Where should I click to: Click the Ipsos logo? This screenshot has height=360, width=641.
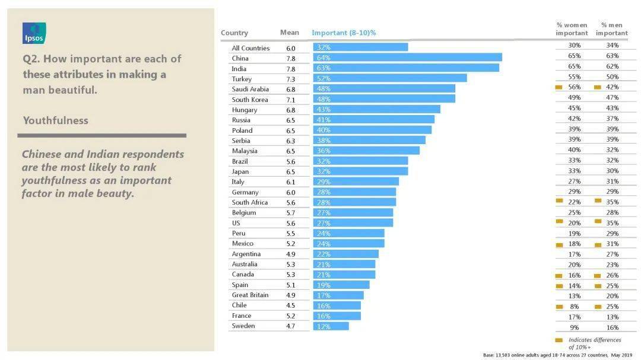[x=34, y=33]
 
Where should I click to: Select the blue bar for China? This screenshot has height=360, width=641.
[x=408, y=58]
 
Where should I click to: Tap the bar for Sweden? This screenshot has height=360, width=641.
[x=331, y=326]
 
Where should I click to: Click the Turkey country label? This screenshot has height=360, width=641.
[x=242, y=79]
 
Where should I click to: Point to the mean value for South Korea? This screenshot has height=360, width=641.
[x=291, y=100]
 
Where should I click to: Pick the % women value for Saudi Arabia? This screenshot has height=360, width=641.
[x=575, y=87]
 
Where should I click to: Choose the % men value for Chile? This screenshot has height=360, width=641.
[x=613, y=307]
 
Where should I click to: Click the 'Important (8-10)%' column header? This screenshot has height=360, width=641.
[x=344, y=33]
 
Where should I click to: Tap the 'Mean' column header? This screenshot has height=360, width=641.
[x=290, y=32]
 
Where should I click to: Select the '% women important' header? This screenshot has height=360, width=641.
[x=572, y=29]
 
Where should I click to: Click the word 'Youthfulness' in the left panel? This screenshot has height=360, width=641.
[x=56, y=120]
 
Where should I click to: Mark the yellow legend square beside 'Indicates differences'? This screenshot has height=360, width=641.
[x=559, y=340]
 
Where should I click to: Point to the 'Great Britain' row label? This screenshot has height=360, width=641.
[x=250, y=295]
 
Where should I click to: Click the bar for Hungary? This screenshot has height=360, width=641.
[x=377, y=110]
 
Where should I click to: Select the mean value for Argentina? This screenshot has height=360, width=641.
[x=291, y=254]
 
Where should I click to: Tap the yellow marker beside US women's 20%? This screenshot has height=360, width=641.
[x=559, y=221]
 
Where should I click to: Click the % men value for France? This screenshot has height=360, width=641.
[x=613, y=317]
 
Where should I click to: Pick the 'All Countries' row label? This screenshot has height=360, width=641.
[x=250, y=48]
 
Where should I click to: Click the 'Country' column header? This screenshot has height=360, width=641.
[x=234, y=33]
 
